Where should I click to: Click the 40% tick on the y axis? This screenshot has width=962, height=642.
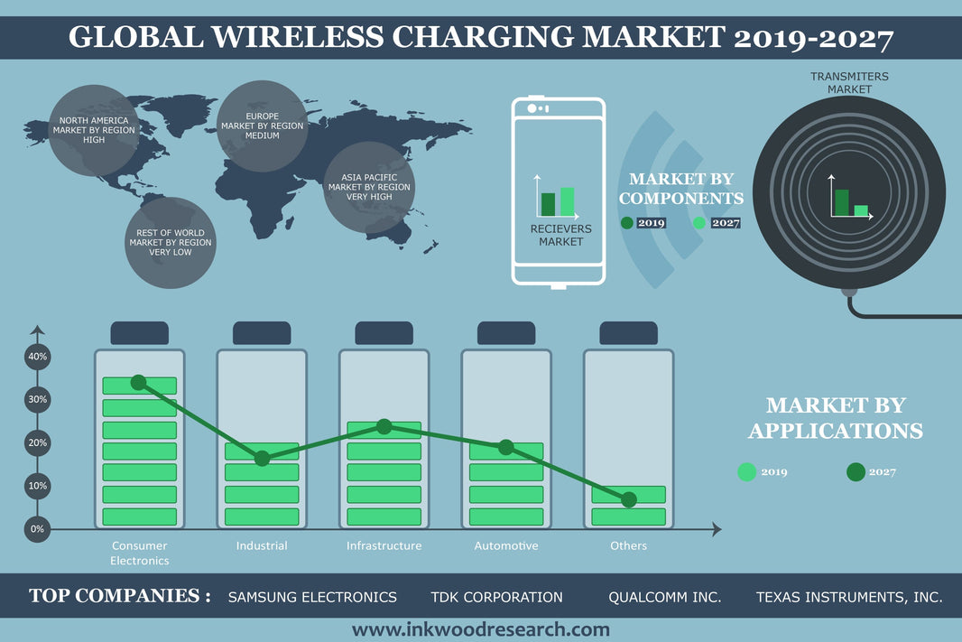(37, 357)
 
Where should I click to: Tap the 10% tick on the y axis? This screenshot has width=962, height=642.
(37, 486)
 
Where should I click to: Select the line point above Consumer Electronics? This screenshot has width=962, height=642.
(138, 383)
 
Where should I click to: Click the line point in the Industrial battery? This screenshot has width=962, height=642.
(262, 459)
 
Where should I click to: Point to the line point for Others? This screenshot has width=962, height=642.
(629, 499)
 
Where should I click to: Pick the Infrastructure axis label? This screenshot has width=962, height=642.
(384, 546)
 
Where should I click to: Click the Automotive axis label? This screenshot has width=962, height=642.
(506, 546)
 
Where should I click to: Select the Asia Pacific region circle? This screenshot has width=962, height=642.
(368, 187)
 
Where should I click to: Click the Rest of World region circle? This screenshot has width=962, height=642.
(170, 243)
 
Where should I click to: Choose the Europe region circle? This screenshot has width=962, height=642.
(263, 126)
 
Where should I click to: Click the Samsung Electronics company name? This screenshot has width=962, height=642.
(312, 597)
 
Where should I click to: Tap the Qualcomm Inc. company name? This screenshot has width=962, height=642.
(665, 597)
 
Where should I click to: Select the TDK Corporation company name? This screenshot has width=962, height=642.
(496, 597)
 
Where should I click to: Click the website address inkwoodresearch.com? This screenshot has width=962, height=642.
(480, 629)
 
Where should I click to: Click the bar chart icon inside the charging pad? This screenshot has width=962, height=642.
(849, 197)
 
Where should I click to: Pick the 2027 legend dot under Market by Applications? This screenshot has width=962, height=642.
(856, 471)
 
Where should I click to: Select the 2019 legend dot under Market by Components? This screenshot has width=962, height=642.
(627, 223)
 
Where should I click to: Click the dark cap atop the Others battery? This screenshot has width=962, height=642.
(628, 333)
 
